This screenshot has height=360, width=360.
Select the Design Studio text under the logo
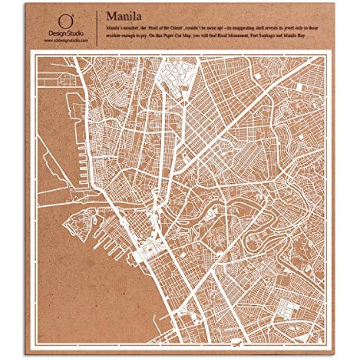point(66,33)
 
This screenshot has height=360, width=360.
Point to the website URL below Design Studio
point(66,40)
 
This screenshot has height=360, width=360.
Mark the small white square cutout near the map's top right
point(258,76)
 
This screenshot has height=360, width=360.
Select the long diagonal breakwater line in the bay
point(52,160)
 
